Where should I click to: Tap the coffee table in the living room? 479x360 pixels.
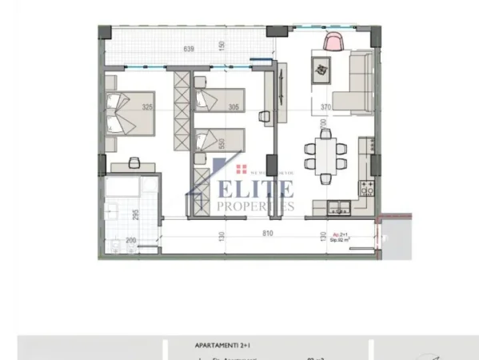point(321,70)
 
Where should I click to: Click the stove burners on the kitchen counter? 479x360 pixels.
point(369,190)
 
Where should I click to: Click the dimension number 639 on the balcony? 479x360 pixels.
point(190,49)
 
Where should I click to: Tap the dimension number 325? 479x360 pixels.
point(146,106)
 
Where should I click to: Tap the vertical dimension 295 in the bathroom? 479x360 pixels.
point(137,214)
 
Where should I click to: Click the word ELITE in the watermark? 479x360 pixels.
point(256,190)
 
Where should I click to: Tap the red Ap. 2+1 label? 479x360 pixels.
point(341,233)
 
